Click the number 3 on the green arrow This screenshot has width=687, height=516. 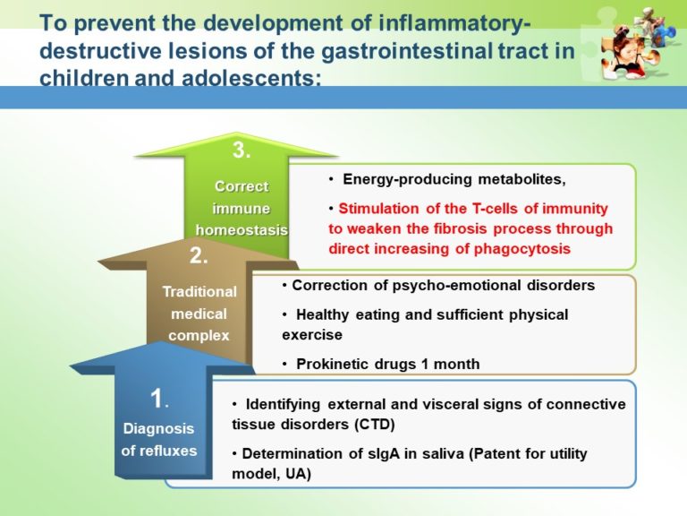click(241, 150)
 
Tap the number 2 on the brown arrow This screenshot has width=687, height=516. click(199, 256)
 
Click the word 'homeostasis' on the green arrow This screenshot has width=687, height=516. click(242, 229)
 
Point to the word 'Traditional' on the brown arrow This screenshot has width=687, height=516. click(199, 291)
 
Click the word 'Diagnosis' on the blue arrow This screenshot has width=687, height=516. click(159, 428)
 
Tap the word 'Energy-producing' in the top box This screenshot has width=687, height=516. click(395, 180)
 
